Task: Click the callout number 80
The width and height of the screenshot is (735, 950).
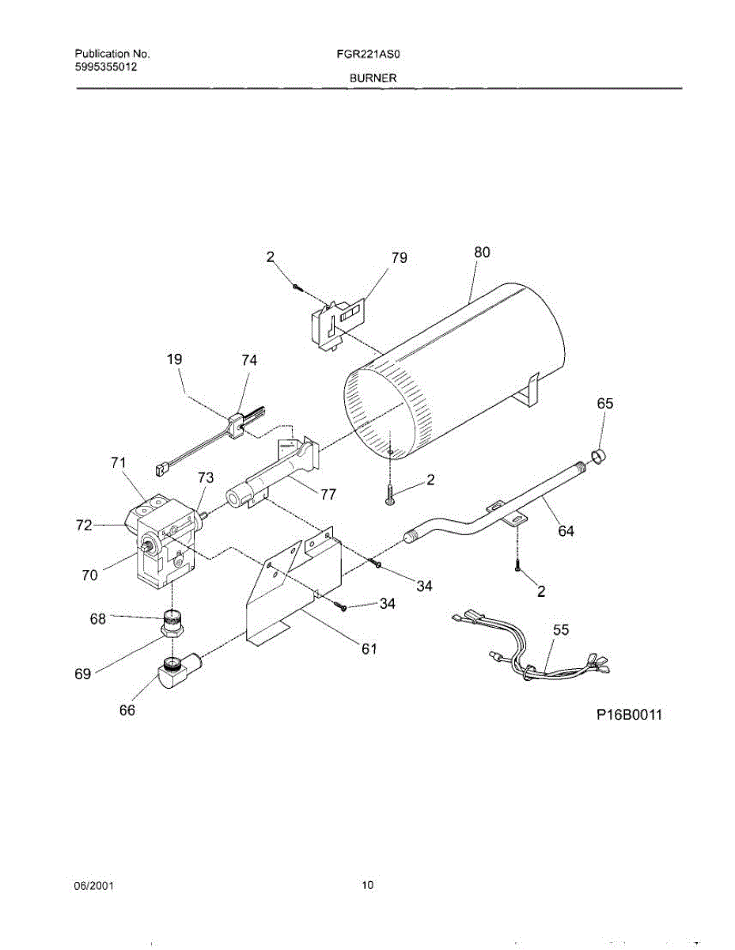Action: click(x=482, y=252)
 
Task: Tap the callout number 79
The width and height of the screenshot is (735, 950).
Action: click(x=399, y=257)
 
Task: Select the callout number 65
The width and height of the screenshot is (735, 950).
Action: click(x=604, y=403)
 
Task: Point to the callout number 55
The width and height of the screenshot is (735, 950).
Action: click(x=560, y=629)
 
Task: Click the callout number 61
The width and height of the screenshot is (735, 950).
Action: click(x=369, y=649)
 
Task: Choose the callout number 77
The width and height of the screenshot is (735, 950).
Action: click(x=328, y=494)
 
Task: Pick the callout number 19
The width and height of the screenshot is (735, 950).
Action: click(x=174, y=359)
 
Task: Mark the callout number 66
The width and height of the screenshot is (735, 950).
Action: click(x=127, y=710)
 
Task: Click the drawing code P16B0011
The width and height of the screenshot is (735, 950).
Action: click(x=628, y=715)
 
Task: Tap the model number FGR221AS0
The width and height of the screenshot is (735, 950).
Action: click(x=370, y=55)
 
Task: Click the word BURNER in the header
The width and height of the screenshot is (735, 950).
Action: click(x=370, y=78)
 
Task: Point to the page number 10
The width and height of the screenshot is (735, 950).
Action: click(x=367, y=886)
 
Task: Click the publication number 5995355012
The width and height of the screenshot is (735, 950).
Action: click(x=106, y=67)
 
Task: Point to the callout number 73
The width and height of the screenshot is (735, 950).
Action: click(x=206, y=477)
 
